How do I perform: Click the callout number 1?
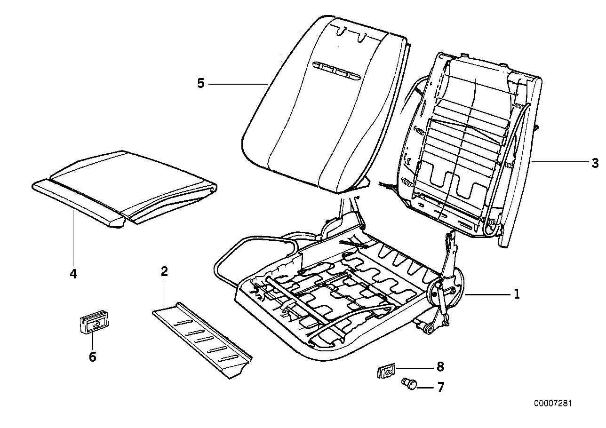click(517, 294)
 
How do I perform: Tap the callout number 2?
click(164, 271)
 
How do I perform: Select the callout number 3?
click(595, 163)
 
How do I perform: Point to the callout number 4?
click(73, 273)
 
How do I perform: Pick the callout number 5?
click(201, 84)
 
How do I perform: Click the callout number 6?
click(92, 357)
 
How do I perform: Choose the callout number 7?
click(440, 387)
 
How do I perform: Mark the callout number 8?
click(440, 367)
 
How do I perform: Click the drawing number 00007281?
click(553, 404)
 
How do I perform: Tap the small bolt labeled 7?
click(409, 384)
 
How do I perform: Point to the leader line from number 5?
click(238, 84)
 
